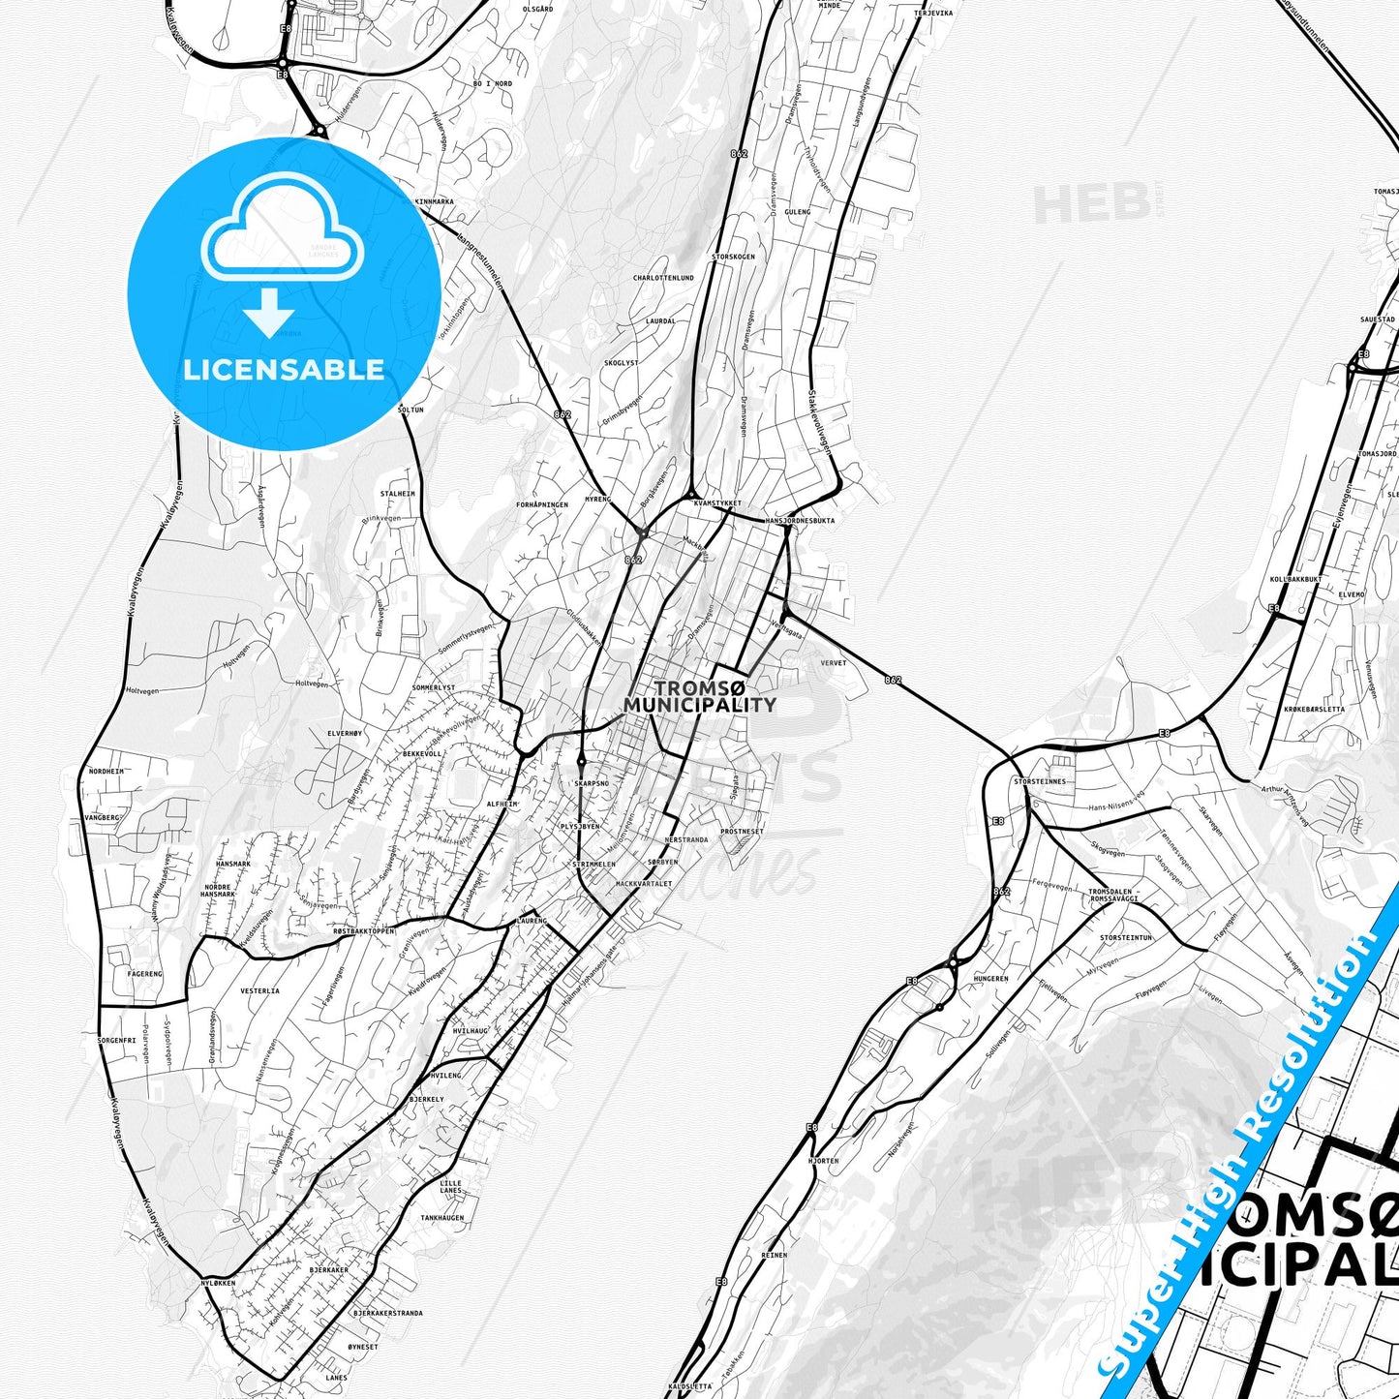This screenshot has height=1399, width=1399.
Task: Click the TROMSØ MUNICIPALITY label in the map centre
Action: click(x=699, y=696)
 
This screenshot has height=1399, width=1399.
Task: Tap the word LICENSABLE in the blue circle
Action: click(x=284, y=370)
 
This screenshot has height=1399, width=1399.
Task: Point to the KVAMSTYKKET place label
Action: click(x=717, y=503)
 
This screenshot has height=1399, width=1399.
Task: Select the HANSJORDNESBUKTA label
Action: click(x=800, y=521)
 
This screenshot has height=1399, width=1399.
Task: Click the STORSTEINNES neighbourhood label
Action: click(x=1039, y=781)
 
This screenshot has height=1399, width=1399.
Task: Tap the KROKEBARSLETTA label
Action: click(x=1314, y=709)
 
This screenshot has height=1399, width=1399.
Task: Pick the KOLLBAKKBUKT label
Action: click(x=1295, y=579)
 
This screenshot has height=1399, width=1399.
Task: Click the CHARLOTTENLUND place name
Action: click(x=663, y=278)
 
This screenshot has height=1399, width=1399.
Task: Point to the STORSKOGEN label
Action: click(x=733, y=257)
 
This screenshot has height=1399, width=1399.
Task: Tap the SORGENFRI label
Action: click(x=116, y=1041)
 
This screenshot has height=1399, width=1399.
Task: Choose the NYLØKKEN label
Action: click(x=218, y=1283)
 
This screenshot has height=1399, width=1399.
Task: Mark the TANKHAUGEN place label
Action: click(x=442, y=1218)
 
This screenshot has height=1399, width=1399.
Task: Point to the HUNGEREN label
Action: click(x=990, y=979)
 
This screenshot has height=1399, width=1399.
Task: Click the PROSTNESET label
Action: click(x=742, y=832)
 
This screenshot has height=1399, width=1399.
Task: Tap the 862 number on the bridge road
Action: click(x=893, y=680)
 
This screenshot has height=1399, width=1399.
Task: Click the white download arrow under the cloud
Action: click(x=269, y=315)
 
